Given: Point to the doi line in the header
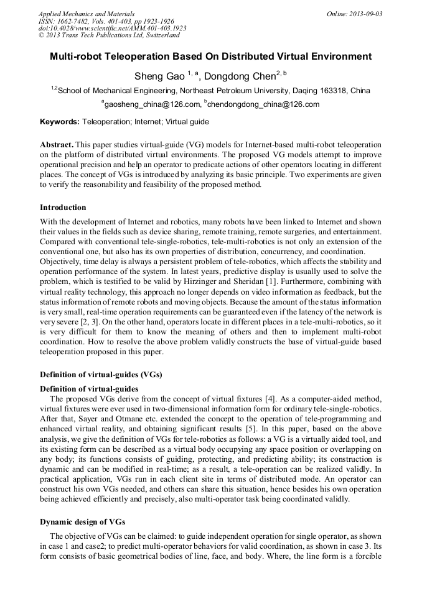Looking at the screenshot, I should (112, 28).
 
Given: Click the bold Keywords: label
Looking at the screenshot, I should (60, 122).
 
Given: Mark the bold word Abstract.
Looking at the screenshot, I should (57, 144).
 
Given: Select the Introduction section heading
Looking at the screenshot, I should (63, 207).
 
